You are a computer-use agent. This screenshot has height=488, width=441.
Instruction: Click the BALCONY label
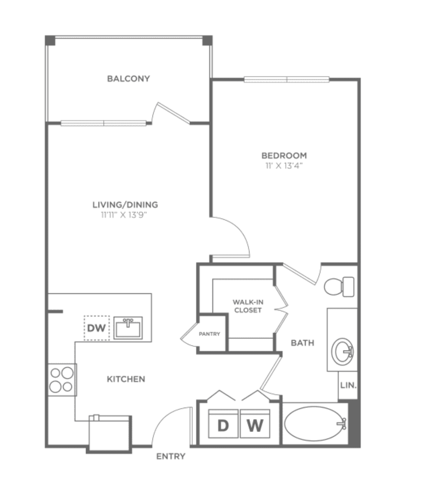click(x=129, y=79)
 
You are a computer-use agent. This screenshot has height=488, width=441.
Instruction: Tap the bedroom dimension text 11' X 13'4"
click(x=284, y=166)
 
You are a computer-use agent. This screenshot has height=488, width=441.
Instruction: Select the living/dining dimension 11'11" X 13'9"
click(x=125, y=215)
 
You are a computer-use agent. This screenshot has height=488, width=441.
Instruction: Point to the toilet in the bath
click(x=339, y=287)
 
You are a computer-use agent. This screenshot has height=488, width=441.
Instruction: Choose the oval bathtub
click(x=315, y=423)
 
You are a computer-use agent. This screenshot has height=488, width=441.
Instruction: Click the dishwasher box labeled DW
click(x=97, y=328)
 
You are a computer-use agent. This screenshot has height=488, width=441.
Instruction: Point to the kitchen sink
click(x=128, y=328)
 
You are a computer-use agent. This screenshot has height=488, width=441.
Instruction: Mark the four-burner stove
click(x=62, y=380)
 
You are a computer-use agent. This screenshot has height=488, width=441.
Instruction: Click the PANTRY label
click(x=210, y=334)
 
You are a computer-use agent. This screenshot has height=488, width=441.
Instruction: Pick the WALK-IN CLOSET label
click(x=248, y=306)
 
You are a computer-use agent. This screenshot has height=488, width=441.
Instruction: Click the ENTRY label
click(x=171, y=456)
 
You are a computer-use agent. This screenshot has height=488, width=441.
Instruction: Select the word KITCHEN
click(x=126, y=379)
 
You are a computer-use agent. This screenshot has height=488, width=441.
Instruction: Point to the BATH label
click(x=303, y=343)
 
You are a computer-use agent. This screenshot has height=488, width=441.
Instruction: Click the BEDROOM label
click(x=284, y=155)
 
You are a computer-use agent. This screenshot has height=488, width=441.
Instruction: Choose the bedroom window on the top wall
click(x=287, y=80)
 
